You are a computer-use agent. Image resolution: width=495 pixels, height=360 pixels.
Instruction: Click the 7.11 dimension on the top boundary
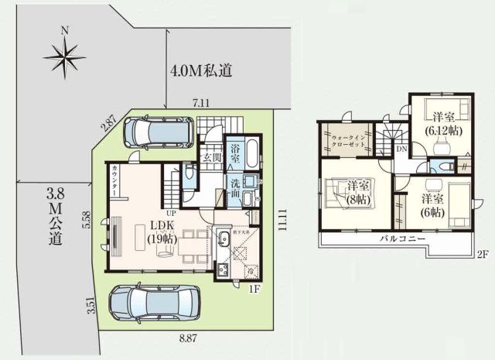pos(201,102)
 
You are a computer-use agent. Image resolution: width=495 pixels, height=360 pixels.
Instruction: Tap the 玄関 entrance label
pos(213,157)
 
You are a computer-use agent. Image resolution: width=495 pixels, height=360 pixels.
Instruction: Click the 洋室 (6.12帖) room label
pos(443,123)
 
